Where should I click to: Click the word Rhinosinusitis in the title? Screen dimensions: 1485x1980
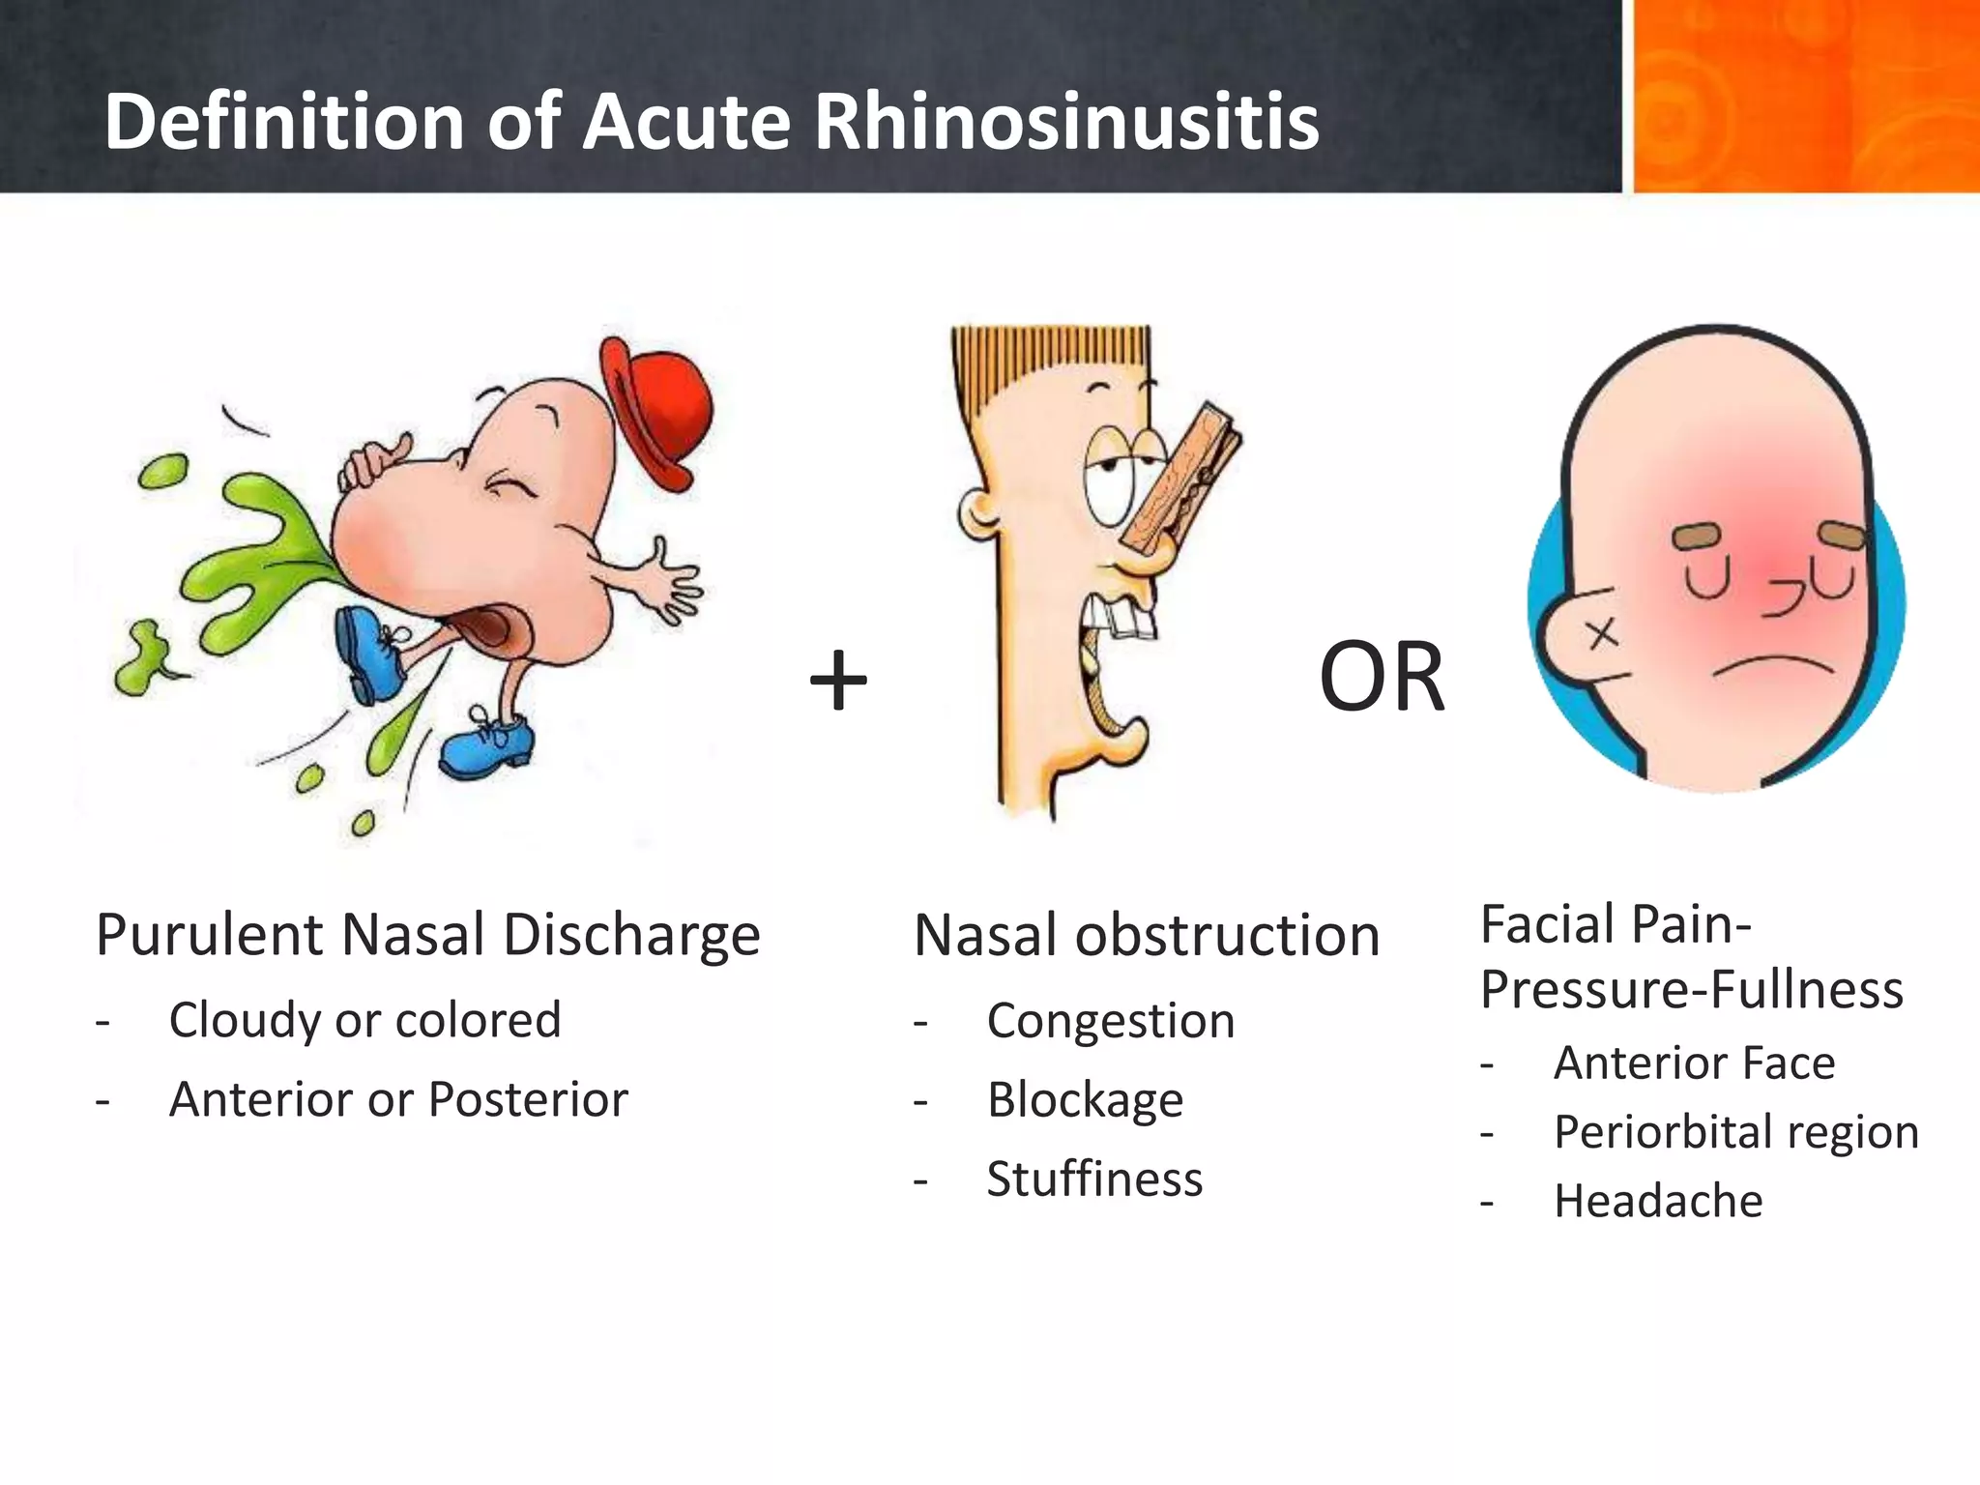tap(1066, 122)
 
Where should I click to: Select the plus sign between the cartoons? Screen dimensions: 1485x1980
tap(838, 681)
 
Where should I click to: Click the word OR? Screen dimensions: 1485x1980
tap(1382, 679)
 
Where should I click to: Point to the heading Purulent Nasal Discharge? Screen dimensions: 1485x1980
tap(428, 936)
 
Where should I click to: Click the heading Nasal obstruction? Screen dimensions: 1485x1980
tap(1147, 936)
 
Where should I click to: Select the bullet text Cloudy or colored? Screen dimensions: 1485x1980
tap(364, 1020)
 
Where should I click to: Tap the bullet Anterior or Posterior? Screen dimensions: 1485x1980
tap(398, 1099)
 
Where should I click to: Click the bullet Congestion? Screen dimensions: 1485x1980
tap(1111, 1021)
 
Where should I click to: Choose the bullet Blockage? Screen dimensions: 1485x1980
tap(1085, 1100)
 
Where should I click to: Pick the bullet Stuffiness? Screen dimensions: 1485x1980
tap(1094, 1179)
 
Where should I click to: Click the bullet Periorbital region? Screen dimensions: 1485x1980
tap(1736, 1131)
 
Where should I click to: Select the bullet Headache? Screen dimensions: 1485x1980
tap(1658, 1201)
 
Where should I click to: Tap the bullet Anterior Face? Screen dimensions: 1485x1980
tap(1694, 1063)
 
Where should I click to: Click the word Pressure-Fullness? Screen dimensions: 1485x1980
tap(1692, 990)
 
